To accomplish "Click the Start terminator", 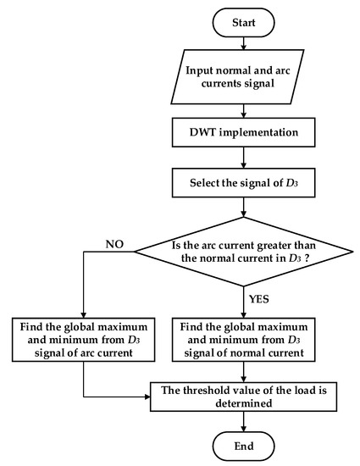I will coord(243,21).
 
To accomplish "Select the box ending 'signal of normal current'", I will coord(243,341).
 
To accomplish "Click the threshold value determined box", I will coord(243,397).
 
